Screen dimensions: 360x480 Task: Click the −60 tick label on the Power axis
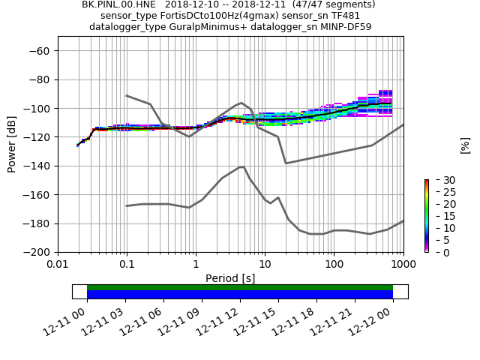click(x=40, y=51)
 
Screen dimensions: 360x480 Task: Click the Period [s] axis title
click(x=230, y=277)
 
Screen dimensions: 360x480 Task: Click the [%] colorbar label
click(x=465, y=145)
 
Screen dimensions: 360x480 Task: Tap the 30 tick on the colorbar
click(x=439, y=180)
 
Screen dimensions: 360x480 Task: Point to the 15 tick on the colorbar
click(x=439, y=216)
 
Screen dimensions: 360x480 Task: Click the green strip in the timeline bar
click(x=240, y=287)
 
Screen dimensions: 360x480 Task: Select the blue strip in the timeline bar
click(x=240, y=295)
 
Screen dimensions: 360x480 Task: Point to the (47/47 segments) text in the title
click(x=333, y=4)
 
